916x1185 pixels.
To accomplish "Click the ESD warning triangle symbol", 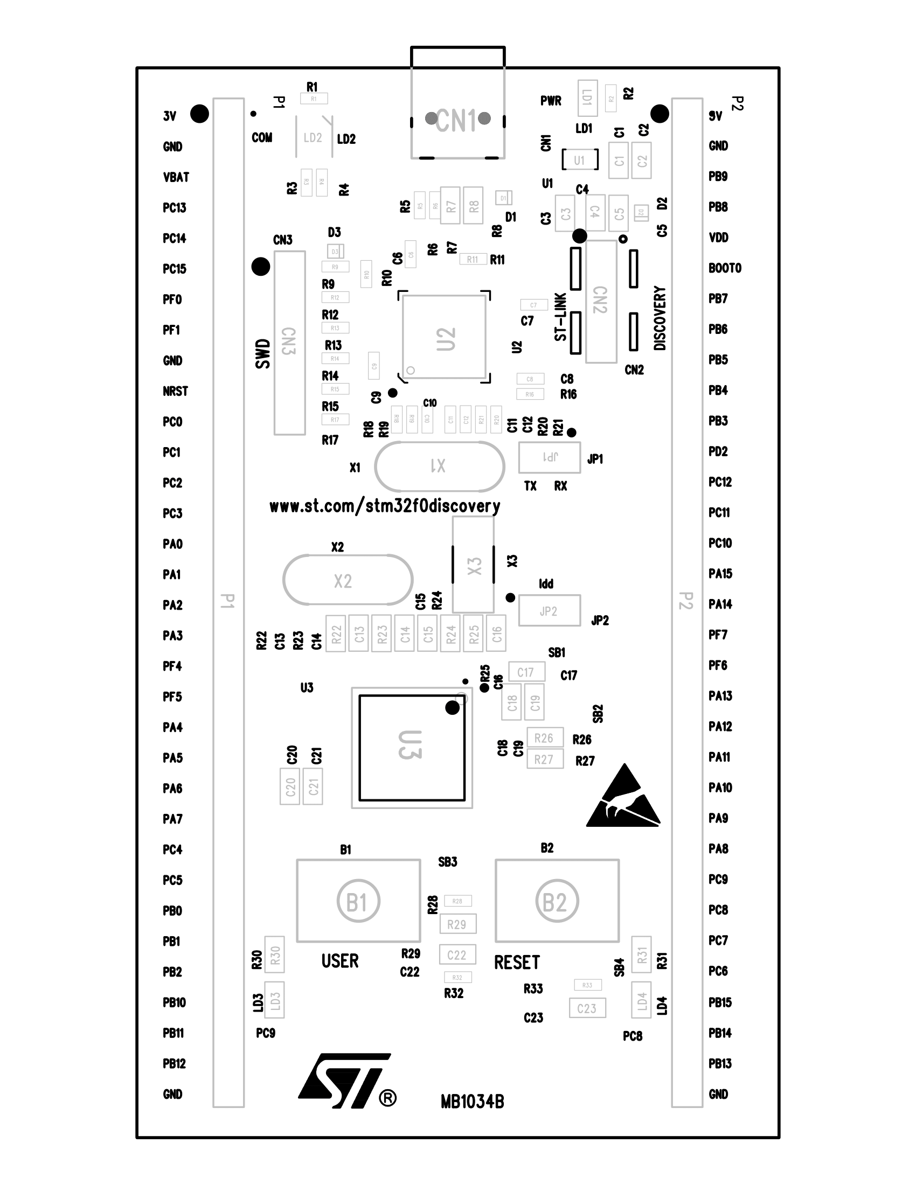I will coord(623,800).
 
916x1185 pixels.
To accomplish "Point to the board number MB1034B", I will coord(472,1102).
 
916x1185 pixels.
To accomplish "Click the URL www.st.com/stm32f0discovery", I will coord(385,506).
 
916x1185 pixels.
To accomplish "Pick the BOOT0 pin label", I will coord(724,268).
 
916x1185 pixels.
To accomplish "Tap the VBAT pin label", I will coord(176,177).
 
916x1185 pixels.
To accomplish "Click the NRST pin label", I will coord(175,391).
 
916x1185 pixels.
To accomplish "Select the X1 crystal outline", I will coord(440,466).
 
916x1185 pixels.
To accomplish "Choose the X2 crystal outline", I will coord(348,580).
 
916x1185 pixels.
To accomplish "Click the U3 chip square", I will coord(411,747).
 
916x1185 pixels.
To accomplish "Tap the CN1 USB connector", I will coord(457,120).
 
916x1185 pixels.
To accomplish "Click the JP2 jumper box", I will coord(549,610).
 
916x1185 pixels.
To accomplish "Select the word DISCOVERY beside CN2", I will coord(660,318).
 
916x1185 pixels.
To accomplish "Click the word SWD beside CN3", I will coord(262,354).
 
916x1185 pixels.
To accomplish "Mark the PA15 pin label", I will coord(720,574).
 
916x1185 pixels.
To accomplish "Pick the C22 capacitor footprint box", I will coord(456,955).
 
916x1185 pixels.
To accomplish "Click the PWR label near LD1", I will coord(551,101).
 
